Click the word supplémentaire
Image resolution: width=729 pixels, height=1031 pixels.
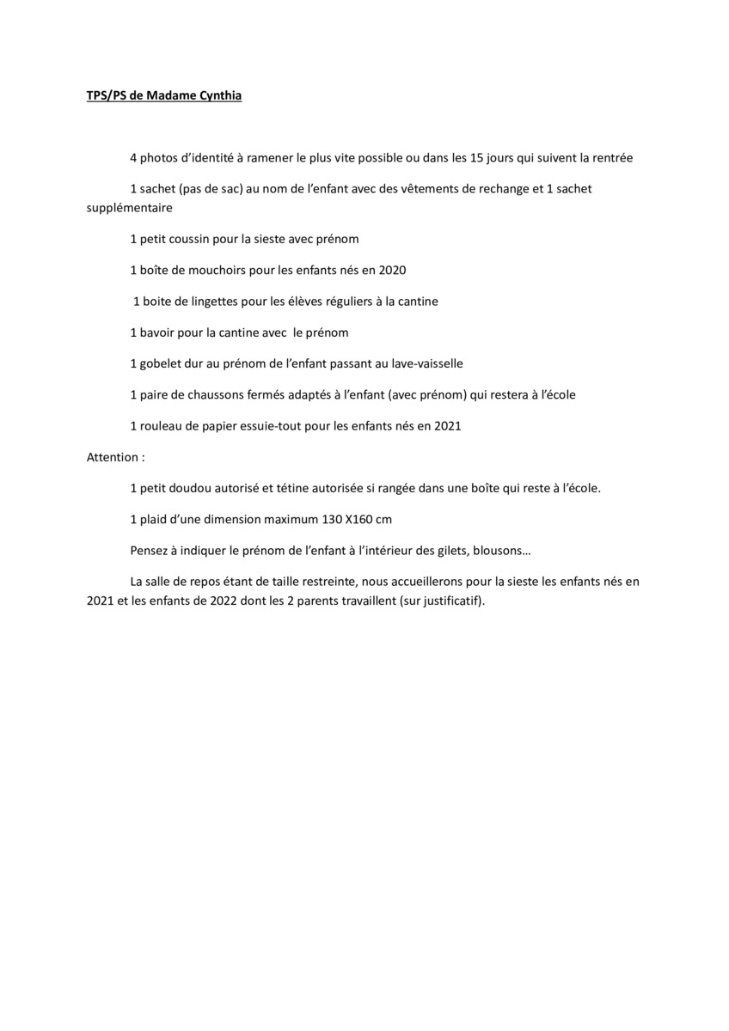(x=130, y=208)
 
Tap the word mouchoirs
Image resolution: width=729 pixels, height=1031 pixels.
(x=210, y=270)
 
